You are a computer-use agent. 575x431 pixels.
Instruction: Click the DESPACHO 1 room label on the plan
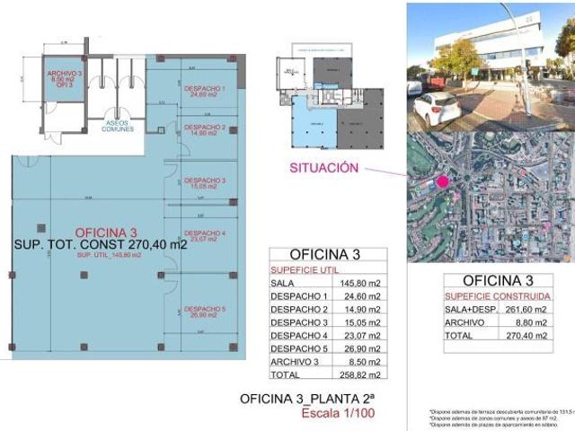tap(204, 91)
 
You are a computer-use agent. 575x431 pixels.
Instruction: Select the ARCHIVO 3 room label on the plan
tap(66, 75)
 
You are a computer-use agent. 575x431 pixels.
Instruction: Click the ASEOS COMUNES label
tap(119, 126)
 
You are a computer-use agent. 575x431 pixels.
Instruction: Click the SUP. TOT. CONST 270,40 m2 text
tap(101, 244)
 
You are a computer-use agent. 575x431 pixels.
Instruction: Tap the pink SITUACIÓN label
tap(323, 168)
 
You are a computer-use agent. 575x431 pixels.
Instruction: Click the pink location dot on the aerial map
tap(442, 182)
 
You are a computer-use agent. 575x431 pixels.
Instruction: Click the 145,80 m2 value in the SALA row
tap(359, 284)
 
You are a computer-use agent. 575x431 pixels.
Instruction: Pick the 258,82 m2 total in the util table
tap(359, 374)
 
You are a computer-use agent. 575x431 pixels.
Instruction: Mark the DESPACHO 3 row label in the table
tap(298, 322)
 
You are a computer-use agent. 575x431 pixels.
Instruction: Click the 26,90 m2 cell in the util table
tap(359, 348)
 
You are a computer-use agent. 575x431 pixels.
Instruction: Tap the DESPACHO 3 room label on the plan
tap(204, 183)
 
